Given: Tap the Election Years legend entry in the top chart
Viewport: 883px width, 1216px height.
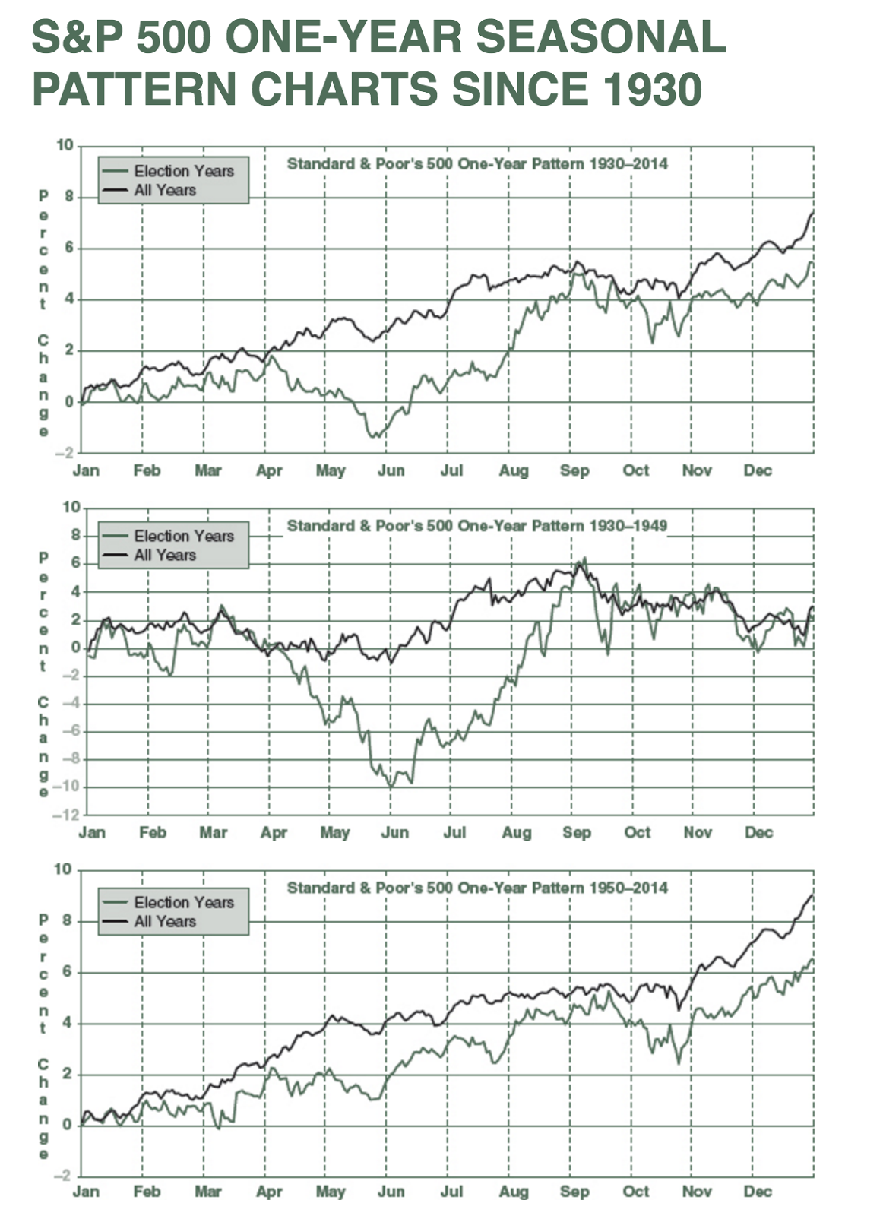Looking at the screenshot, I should [183, 171].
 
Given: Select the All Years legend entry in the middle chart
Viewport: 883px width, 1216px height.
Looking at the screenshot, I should [164, 556].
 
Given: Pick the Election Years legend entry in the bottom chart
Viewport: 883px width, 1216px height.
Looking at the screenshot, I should [183, 902].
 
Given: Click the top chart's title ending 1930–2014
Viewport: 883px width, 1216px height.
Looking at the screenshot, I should [476, 164].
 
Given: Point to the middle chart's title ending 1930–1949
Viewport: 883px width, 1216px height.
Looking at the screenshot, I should [476, 526].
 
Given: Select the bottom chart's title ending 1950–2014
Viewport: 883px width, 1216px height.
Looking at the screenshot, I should [476, 888].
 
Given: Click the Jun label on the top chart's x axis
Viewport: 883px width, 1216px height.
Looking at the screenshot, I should [391, 470].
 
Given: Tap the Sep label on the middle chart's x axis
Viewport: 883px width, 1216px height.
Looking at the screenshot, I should [577, 832].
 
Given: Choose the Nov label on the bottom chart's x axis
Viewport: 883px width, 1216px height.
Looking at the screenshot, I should [696, 1192].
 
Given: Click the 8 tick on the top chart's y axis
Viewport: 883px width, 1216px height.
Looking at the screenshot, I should [69, 197].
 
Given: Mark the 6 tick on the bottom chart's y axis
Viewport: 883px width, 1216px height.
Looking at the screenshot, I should [68, 971].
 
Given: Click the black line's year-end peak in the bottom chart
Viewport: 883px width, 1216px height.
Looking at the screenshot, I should [812, 895].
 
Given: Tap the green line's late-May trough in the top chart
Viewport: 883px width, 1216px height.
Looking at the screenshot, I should [373, 436].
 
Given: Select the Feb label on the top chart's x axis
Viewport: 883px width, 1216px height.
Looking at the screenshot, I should [147, 470].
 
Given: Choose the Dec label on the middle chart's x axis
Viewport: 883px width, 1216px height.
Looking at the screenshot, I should [758, 832].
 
